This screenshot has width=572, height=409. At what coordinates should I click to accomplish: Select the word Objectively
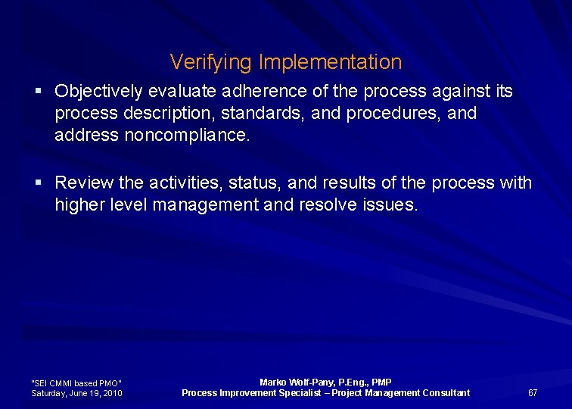coord(98,92)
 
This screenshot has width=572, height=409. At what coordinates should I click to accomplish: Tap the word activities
coord(175,183)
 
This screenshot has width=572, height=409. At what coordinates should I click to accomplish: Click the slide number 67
coord(533,392)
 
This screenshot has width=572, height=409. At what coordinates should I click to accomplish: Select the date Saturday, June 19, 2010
coord(77,393)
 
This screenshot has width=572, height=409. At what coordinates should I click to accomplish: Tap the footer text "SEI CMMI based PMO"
coord(76,383)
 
